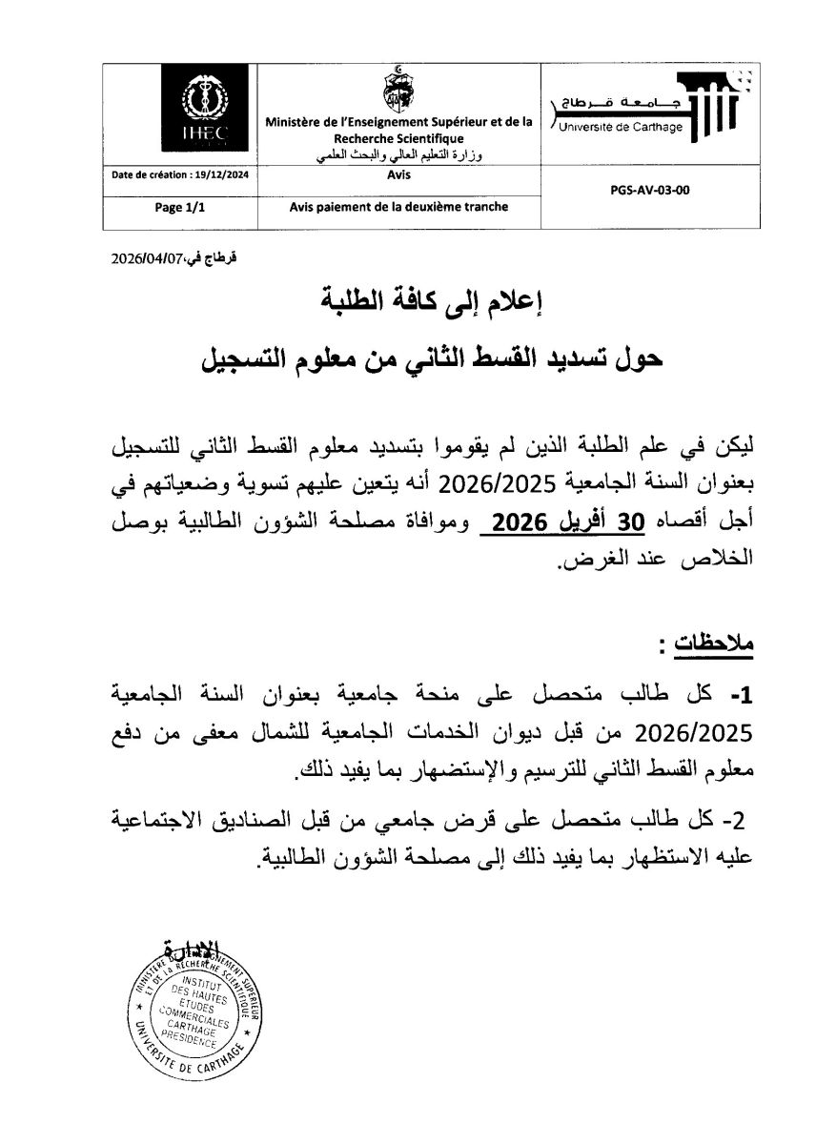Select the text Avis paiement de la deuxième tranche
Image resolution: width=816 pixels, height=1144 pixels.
coord(398,207)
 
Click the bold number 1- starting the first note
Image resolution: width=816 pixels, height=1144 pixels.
coord(741,697)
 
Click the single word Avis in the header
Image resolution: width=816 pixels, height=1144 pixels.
coord(398,175)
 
